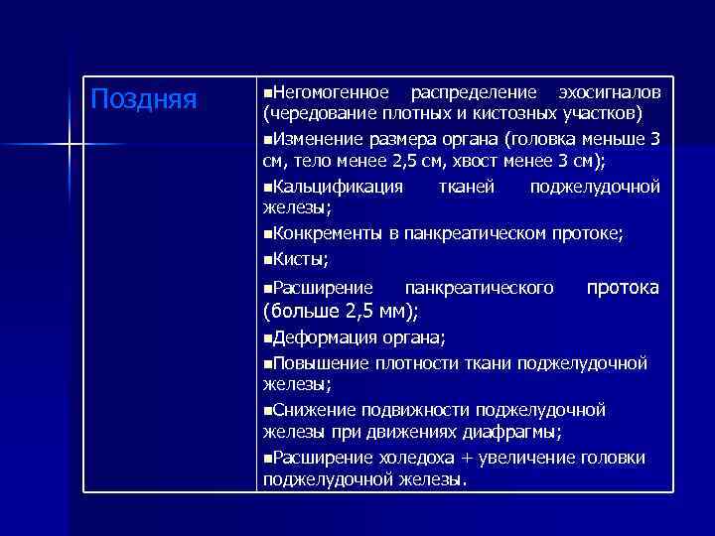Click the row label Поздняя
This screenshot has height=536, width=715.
pos(144,99)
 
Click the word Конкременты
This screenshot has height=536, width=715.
pos(328,233)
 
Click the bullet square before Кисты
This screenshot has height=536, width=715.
pos(267,258)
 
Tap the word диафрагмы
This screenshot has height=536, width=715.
pos(510,433)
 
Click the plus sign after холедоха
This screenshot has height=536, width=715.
pos(469,458)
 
